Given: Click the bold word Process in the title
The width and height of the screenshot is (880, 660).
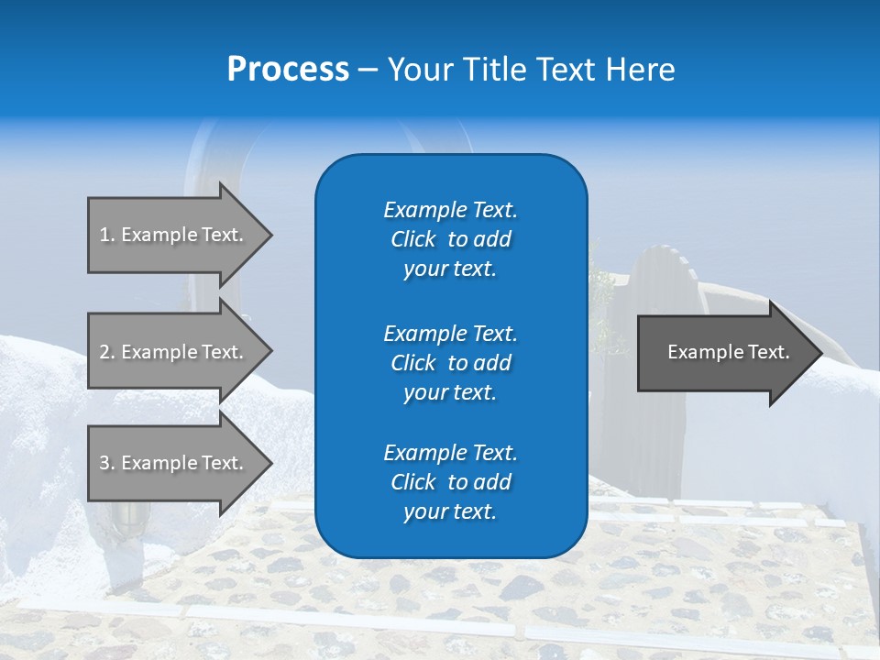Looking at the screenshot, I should [x=288, y=70].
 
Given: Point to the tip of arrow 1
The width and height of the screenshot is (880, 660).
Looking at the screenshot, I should [x=270, y=235].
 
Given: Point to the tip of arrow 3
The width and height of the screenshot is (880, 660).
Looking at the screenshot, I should [x=270, y=463].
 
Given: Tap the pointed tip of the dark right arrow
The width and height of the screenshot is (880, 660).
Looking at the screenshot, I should [x=820, y=353].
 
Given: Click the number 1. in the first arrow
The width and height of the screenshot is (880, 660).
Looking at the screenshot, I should [x=107, y=235].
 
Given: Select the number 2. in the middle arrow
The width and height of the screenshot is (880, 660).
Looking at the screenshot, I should [x=107, y=352].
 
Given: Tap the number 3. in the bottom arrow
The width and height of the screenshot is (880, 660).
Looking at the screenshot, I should [x=107, y=463].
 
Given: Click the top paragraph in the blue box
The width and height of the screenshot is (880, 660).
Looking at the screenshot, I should [x=450, y=239].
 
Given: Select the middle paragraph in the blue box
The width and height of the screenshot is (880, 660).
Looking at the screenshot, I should [x=450, y=363].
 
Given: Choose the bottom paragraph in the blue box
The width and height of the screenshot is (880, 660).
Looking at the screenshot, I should [x=450, y=482].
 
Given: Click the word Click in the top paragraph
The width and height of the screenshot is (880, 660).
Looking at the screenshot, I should [x=412, y=239].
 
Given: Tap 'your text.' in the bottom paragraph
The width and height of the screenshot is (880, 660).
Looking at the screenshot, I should [x=450, y=512].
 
